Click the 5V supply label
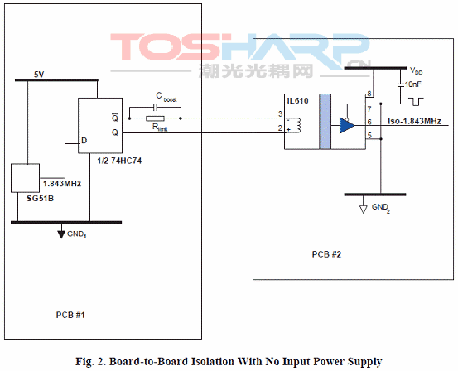[39, 75]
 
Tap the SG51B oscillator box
[25, 178]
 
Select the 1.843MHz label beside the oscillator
[62, 184]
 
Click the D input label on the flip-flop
[84, 141]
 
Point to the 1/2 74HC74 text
[119, 161]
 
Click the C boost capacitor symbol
[156, 108]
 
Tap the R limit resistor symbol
[155, 118]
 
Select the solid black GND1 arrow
[61, 234]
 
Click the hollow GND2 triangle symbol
[363, 210]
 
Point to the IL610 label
[297, 101]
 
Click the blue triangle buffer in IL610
[347, 125]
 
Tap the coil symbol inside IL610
[298, 125]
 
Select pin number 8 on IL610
[369, 94]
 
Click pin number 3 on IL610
[281, 113]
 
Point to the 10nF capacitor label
[413, 84]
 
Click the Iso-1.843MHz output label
[414, 121]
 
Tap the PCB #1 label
[70, 315]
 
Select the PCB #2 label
[326, 254]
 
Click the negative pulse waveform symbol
[416, 102]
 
